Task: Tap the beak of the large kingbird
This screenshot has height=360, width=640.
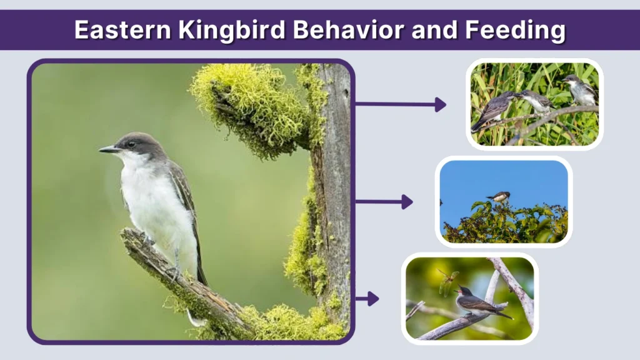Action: [x=107, y=149]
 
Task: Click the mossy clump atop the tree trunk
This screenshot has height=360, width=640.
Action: [x=250, y=106]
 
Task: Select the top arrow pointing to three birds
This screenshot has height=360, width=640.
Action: [x=400, y=104]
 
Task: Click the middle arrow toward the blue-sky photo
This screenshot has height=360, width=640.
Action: [x=384, y=202]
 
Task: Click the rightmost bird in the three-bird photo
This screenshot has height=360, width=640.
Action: [x=581, y=90]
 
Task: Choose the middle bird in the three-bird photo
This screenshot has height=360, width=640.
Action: [x=536, y=101]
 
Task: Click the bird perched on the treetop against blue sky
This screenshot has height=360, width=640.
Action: [x=500, y=197]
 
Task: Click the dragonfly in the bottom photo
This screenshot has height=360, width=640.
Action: [x=447, y=281]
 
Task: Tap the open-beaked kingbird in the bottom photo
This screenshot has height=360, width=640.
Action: [x=476, y=304]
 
